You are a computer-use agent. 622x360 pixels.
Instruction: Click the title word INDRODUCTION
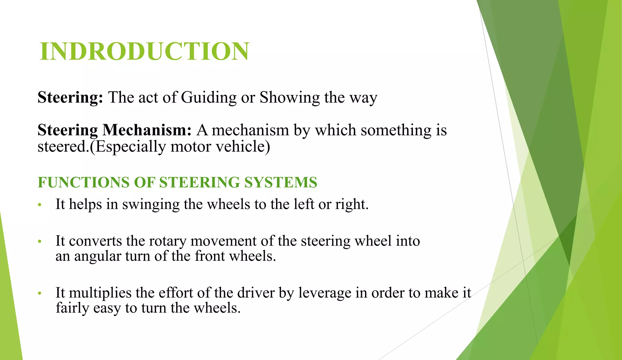144,51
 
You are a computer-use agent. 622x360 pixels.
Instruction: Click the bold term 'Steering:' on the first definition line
70,98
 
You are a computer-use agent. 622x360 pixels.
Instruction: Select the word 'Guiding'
209,98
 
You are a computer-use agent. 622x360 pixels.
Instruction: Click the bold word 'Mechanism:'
147,130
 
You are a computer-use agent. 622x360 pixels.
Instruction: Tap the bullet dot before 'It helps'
39,205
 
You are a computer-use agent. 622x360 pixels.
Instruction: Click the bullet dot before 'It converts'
39,242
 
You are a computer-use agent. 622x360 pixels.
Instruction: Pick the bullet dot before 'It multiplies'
39,294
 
